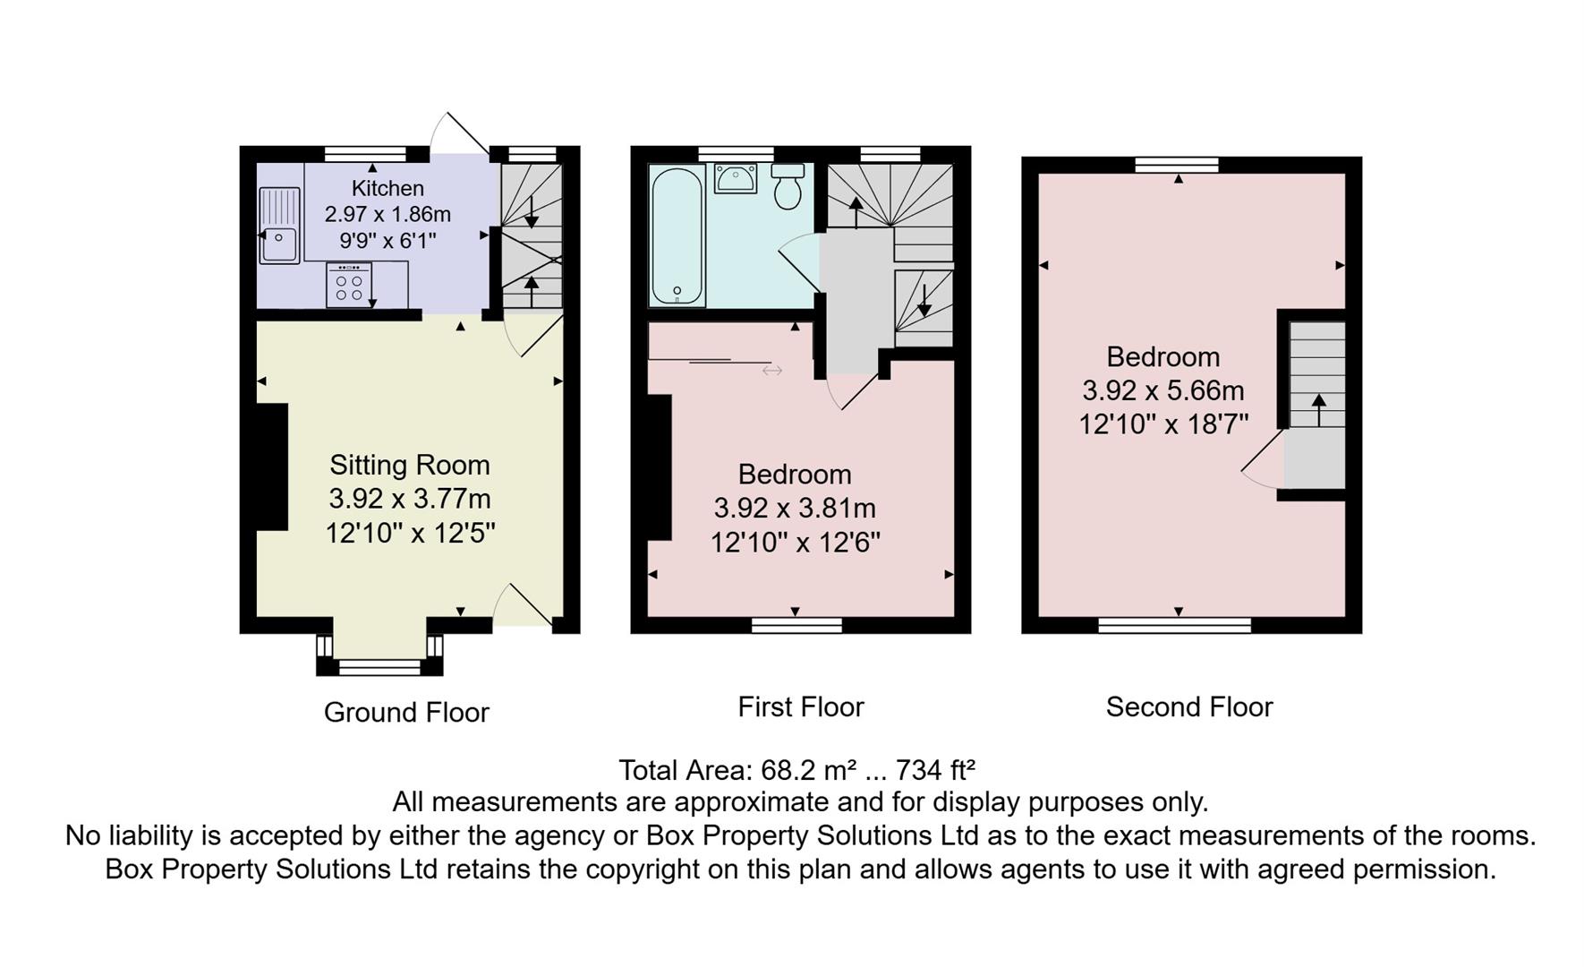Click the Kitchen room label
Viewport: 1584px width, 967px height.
pos(387,188)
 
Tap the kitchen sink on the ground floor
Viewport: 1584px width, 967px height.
pos(279,226)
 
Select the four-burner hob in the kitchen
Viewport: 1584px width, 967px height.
pos(349,285)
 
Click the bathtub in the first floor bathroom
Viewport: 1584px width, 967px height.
pos(677,236)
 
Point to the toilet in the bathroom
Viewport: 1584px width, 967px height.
pos(788,186)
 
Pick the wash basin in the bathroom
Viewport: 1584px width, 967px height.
pos(736,178)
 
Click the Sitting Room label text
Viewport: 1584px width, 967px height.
pos(410,465)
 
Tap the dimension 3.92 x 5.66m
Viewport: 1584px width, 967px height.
pos(1162,390)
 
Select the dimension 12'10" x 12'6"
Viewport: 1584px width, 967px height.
pos(795,542)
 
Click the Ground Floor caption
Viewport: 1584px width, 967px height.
pos(406,712)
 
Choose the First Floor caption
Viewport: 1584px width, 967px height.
pos(800,706)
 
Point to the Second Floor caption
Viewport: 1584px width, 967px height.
pos(1188,706)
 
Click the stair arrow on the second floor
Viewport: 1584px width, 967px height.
pos(1318,410)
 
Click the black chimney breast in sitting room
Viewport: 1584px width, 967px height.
pos(272,466)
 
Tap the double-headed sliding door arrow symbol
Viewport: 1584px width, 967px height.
pos(771,370)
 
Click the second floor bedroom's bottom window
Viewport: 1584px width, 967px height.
pos(1174,625)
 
